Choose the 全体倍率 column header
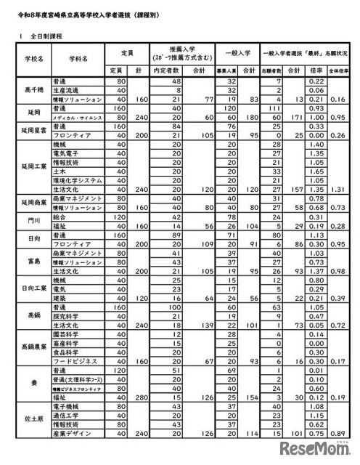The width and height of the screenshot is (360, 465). pyautogui.click(x=338, y=70)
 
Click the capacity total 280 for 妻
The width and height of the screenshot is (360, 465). pyautogui.click(x=142, y=397)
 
